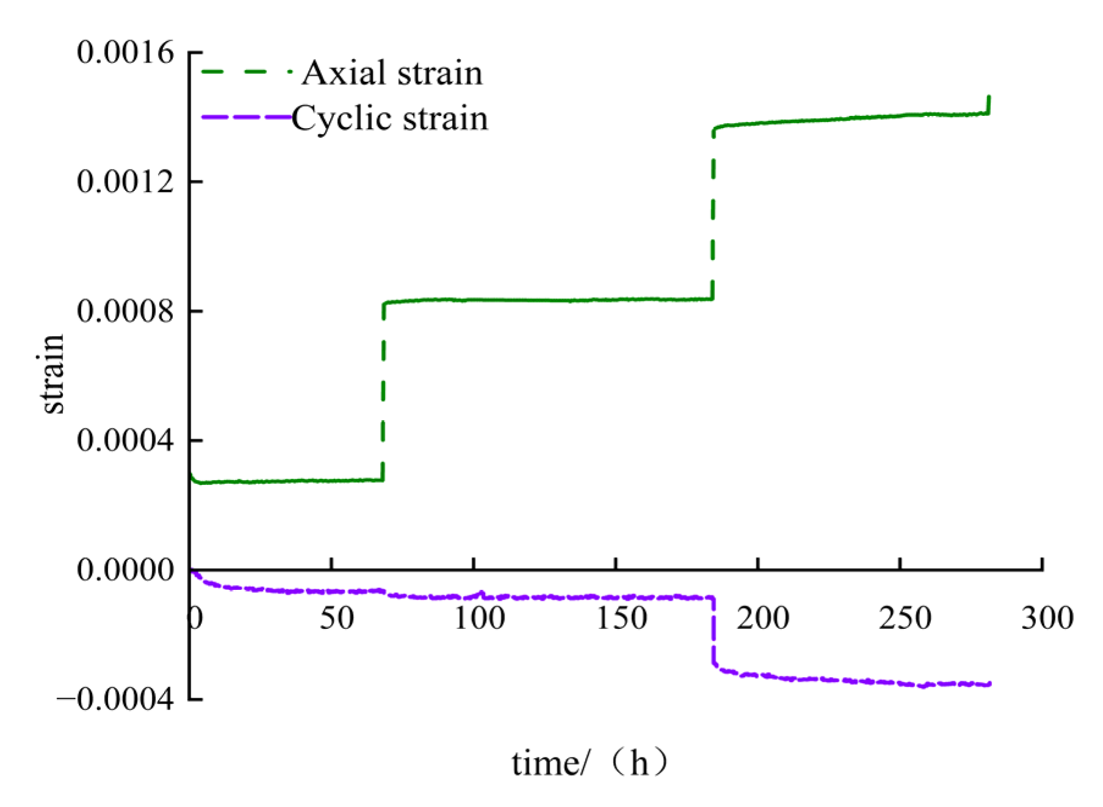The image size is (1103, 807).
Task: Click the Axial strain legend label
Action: click(392, 73)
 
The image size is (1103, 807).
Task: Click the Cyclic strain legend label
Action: click(390, 118)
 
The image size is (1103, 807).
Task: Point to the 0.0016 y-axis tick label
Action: click(125, 52)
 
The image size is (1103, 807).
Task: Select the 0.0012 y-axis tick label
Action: click(125, 182)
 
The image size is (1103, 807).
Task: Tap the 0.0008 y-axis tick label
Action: click(125, 311)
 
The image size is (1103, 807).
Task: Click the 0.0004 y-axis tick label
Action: click(125, 440)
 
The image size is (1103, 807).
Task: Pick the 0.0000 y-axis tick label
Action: click(125, 570)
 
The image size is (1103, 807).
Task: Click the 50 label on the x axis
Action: click(337, 619)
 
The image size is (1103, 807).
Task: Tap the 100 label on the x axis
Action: click(480, 619)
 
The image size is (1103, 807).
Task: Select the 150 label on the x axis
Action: click(621, 619)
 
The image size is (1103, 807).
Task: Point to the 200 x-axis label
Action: click(763, 619)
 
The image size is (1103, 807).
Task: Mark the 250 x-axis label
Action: click(905, 619)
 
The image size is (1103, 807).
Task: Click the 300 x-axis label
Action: click(1047, 619)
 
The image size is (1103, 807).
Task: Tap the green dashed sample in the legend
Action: click(244, 73)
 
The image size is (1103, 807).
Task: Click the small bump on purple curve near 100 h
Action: click(481, 592)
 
